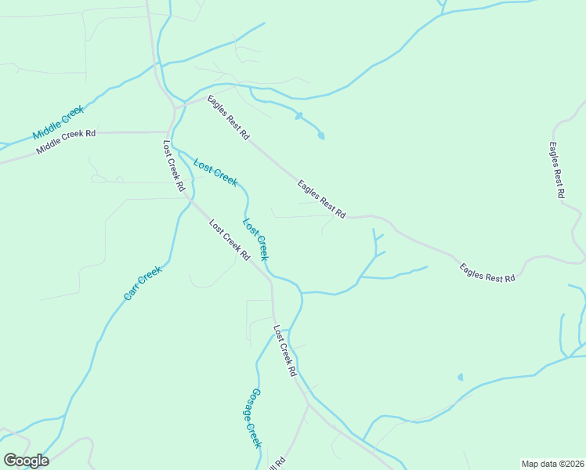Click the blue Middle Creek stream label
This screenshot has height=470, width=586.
[x=58, y=124]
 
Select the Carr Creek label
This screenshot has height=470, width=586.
[x=142, y=284]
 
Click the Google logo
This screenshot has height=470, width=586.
[x=26, y=461]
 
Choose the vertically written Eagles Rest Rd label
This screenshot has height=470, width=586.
[x=557, y=170]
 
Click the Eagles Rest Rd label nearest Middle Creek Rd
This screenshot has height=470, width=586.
[x=228, y=117]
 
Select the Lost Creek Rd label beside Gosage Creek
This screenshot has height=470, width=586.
[x=284, y=351]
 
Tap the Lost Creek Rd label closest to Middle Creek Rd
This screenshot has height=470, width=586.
[x=173, y=166]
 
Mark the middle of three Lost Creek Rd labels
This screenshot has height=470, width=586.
[x=229, y=240]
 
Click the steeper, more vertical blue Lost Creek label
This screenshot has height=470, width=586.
[x=255, y=239]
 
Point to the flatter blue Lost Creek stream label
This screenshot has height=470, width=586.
[x=215, y=172]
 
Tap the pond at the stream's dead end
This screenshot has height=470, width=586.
[x=321, y=136]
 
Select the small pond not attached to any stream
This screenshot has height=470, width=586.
[x=460, y=377]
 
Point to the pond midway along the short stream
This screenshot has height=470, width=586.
[x=298, y=117]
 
